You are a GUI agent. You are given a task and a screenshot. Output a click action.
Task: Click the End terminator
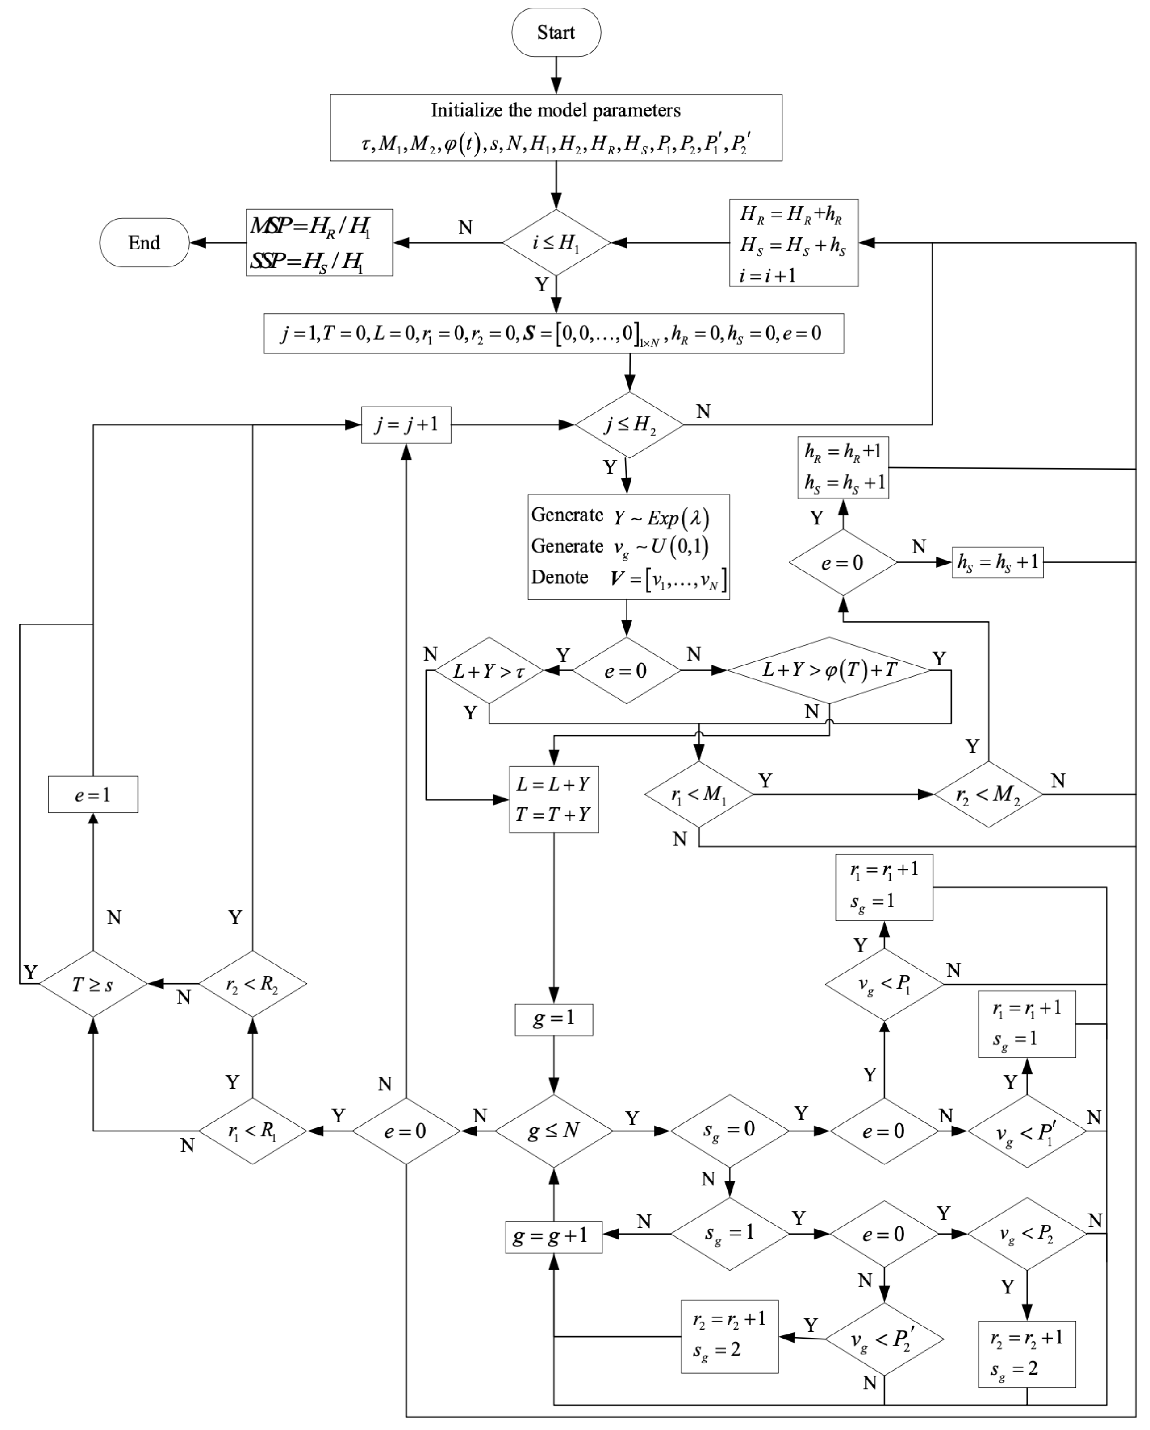click(144, 243)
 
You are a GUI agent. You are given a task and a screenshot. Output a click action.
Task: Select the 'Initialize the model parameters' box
click(556, 127)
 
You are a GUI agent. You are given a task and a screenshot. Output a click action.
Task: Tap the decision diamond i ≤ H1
click(556, 243)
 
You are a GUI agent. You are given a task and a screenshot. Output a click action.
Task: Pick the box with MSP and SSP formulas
click(319, 243)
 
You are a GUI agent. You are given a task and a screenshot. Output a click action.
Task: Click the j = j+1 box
click(406, 424)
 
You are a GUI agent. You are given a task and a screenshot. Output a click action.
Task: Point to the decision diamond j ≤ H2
click(628, 424)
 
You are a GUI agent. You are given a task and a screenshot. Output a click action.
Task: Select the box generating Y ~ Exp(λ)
click(628, 547)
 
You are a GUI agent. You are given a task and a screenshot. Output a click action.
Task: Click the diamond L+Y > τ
click(489, 670)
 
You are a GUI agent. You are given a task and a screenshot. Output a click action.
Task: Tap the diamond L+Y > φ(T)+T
click(829, 670)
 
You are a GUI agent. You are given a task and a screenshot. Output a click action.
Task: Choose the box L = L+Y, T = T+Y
click(553, 799)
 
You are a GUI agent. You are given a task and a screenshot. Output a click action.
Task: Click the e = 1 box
click(93, 794)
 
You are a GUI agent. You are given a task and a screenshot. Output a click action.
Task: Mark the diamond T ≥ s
click(93, 984)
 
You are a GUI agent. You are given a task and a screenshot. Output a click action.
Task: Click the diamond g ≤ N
click(553, 1131)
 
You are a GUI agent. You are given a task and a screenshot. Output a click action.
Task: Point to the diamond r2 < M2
click(988, 794)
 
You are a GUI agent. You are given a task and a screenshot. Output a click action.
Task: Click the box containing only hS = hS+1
click(997, 562)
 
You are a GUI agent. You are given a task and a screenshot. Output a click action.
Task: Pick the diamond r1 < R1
click(252, 1131)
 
